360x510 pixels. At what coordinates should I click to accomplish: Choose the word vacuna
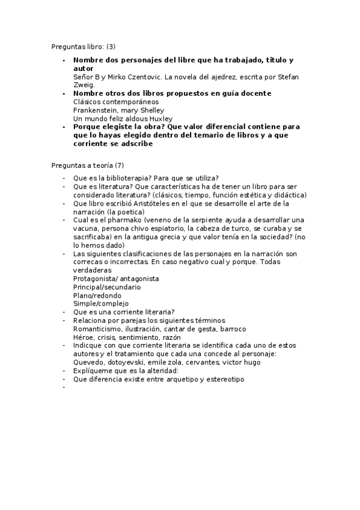86,229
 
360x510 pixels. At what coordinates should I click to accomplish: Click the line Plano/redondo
97,295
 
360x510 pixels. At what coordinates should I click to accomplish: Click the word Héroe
84,337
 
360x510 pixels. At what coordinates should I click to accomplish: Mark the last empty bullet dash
63,388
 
